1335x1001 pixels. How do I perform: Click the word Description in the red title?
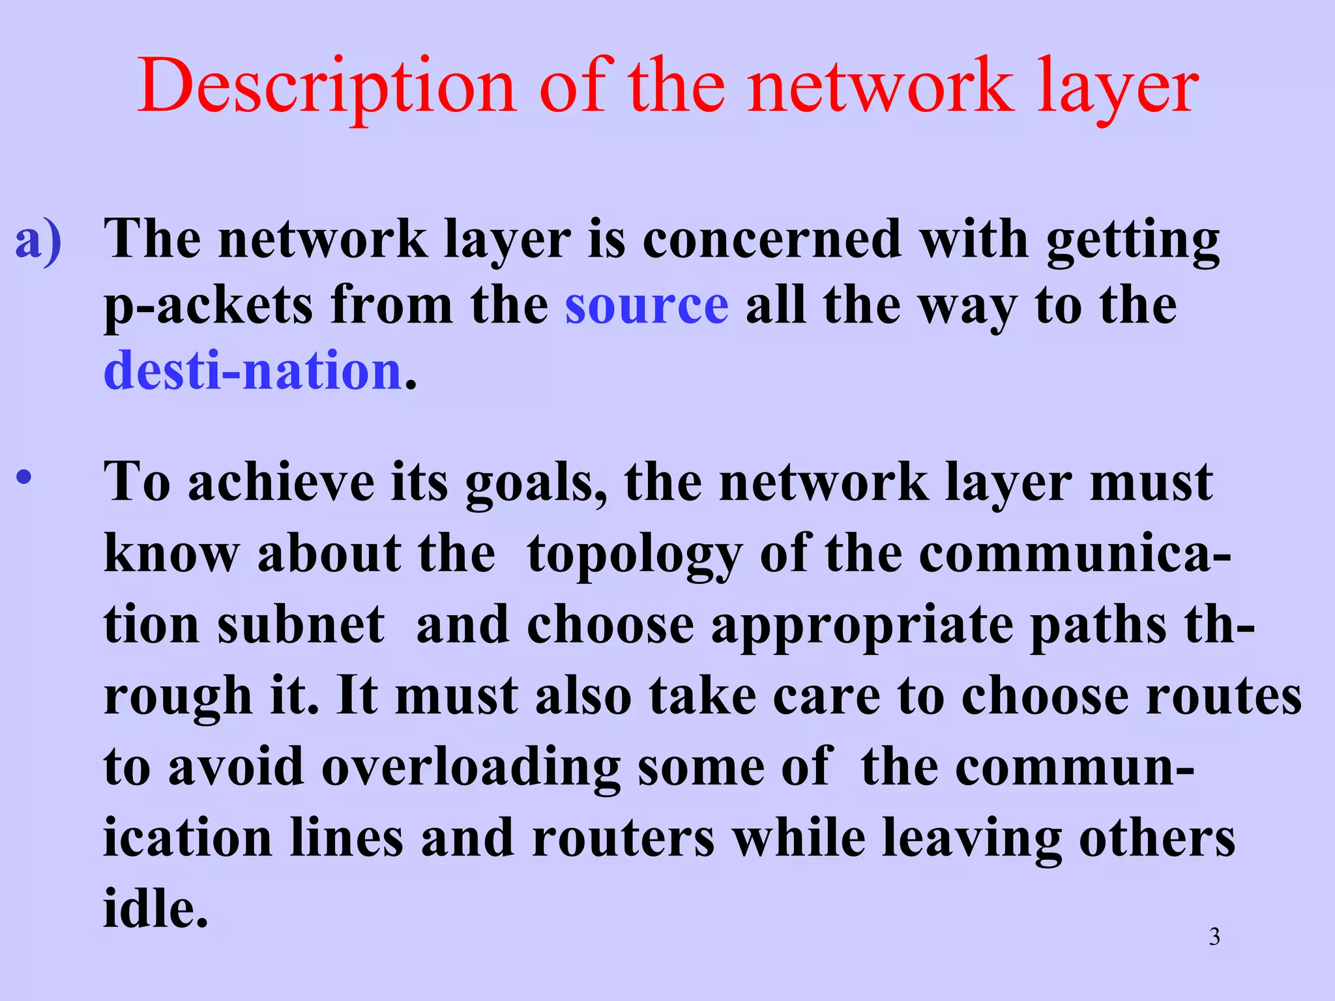pos(327,86)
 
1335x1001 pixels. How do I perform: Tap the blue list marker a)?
pos(38,239)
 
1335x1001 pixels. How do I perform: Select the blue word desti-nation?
pos(253,370)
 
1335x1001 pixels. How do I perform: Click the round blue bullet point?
pos(24,478)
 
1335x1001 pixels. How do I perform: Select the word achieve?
pos(281,482)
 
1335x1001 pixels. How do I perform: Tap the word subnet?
pos(301,625)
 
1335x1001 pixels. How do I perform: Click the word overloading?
pos(471,768)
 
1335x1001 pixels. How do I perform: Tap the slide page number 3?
pos(1214,937)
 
